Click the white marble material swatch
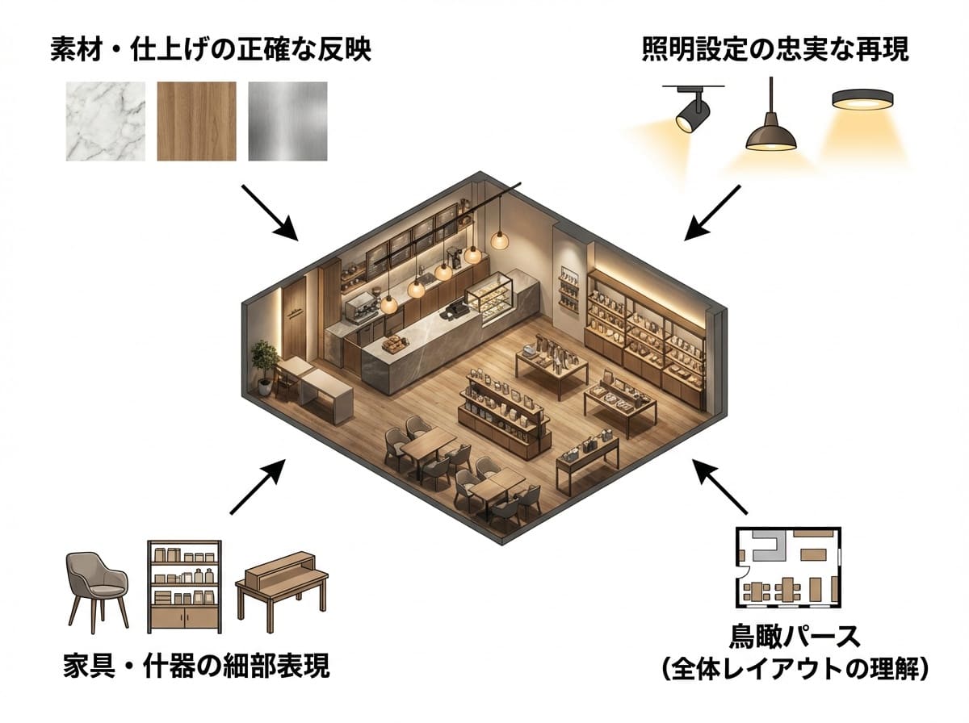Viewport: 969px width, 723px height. click(x=106, y=121)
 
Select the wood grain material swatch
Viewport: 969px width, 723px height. click(x=196, y=121)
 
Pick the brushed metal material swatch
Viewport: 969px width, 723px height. click(x=287, y=121)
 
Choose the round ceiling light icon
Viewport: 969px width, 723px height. click(x=862, y=99)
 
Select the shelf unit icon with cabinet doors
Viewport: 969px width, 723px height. click(x=185, y=587)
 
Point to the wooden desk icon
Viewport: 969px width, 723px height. click(x=282, y=585)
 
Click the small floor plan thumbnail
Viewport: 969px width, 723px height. click(x=788, y=567)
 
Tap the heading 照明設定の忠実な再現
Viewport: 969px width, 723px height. click(x=775, y=49)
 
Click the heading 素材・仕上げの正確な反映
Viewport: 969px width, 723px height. click(x=211, y=49)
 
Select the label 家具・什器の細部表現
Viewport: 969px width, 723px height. click(x=196, y=665)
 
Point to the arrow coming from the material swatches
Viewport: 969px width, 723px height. click(x=271, y=213)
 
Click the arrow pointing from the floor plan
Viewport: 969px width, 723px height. click(x=719, y=487)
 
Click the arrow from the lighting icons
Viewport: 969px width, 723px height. click(x=712, y=213)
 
